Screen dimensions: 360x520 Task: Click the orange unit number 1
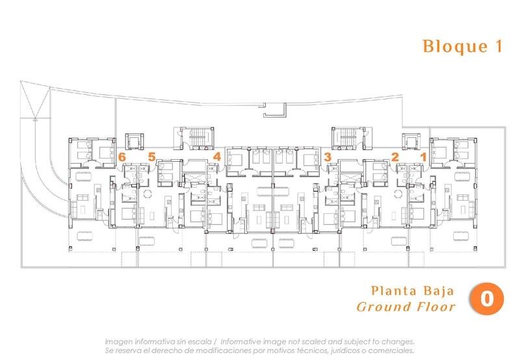(x=423, y=156)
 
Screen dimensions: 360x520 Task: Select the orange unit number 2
(x=395, y=156)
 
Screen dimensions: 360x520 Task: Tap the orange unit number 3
(x=328, y=157)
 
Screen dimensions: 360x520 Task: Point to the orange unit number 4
(x=217, y=157)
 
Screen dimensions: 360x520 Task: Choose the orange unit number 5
(x=151, y=156)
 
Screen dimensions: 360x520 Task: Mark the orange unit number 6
(x=122, y=156)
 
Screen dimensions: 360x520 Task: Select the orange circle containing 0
(x=484, y=297)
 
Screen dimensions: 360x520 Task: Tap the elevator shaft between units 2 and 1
(x=409, y=141)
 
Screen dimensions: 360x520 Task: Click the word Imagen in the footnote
(x=121, y=341)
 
